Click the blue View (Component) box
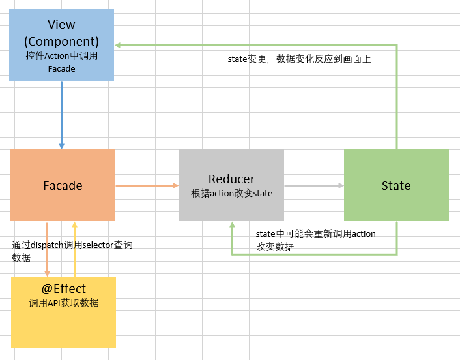click(62, 45)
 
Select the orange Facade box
click(63, 185)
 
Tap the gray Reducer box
click(231, 185)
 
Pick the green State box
click(396, 185)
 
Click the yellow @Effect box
click(63, 312)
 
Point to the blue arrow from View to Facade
click(62, 115)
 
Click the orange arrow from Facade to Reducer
click(147, 186)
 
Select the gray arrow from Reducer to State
click(313, 186)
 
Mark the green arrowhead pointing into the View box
click(119, 45)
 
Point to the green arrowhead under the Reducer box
click(232, 226)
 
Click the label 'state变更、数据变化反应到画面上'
click(299, 59)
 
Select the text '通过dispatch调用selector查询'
click(72, 245)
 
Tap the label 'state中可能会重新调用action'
click(315, 233)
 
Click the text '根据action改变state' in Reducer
click(231, 194)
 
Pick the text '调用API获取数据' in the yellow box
click(63, 303)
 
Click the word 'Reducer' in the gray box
click(231, 179)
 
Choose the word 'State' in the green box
click(396, 186)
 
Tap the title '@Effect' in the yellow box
click(63, 288)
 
